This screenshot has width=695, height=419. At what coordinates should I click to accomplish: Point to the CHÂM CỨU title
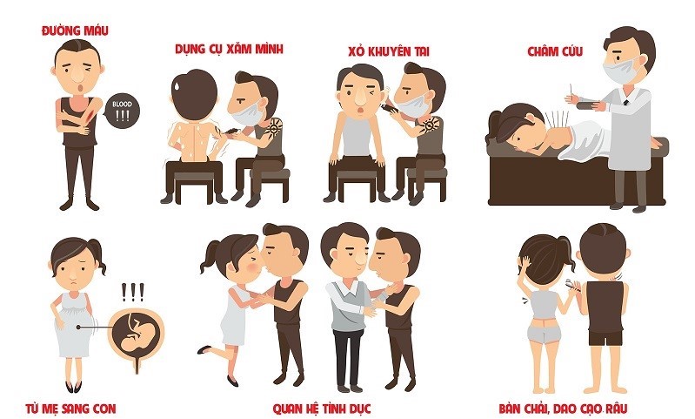coord(554,51)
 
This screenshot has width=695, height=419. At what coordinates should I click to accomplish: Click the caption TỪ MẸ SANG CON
coord(81,407)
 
